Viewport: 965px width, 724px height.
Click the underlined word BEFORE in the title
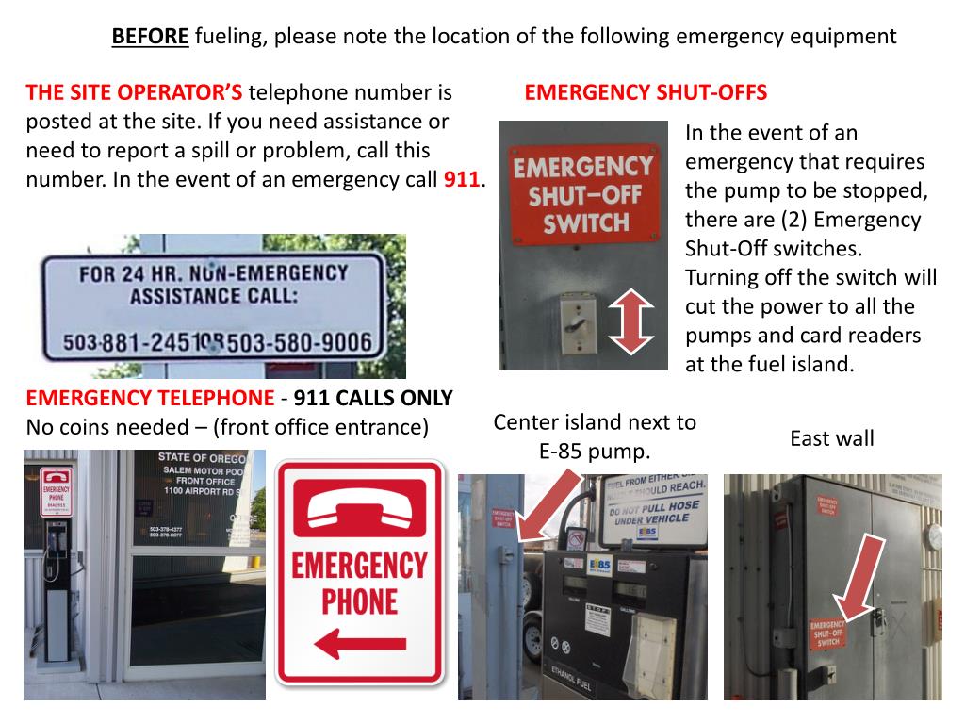pos(151,37)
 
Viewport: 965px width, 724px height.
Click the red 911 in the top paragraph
pos(462,179)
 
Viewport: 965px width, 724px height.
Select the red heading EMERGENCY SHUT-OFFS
pos(646,92)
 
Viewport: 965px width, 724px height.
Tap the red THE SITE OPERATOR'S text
pos(134,92)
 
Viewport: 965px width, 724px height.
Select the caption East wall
pos(831,438)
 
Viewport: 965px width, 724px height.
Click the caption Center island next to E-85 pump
pos(595,436)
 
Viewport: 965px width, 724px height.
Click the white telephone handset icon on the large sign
pos(359,509)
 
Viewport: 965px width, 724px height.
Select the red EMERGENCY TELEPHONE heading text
pos(150,399)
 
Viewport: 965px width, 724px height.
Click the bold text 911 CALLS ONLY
pos(373,399)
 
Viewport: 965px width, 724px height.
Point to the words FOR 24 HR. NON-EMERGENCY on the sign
pos(213,275)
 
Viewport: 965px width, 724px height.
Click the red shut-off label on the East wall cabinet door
pos(827,633)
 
